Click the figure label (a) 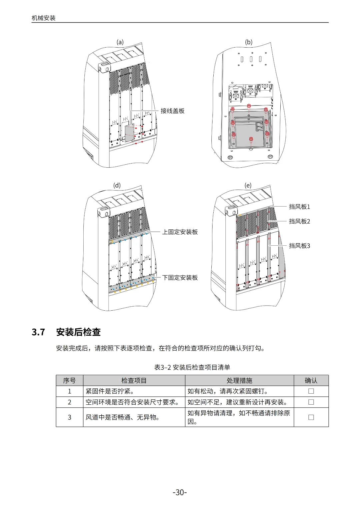tap(120, 42)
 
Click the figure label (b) tap(249, 42)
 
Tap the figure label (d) tap(117, 185)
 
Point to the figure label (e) tap(248, 185)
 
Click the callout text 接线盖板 tap(172, 111)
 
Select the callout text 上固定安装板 tap(180, 232)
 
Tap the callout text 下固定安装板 tap(180, 278)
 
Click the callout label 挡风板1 tap(299, 207)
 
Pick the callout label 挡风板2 tap(299, 221)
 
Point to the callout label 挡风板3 tap(299, 246)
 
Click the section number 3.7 tap(38, 332)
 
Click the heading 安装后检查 tap(78, 332)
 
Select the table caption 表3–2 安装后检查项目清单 tap(192, 367)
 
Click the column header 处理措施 tap(239, 380)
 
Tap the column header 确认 tap(311, 380)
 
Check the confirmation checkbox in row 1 tap(311, 391)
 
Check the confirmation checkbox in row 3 tap(311, 417)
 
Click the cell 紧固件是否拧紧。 tap(110, 391)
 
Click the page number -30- tap(180, 492)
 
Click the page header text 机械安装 tap(44, 18)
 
